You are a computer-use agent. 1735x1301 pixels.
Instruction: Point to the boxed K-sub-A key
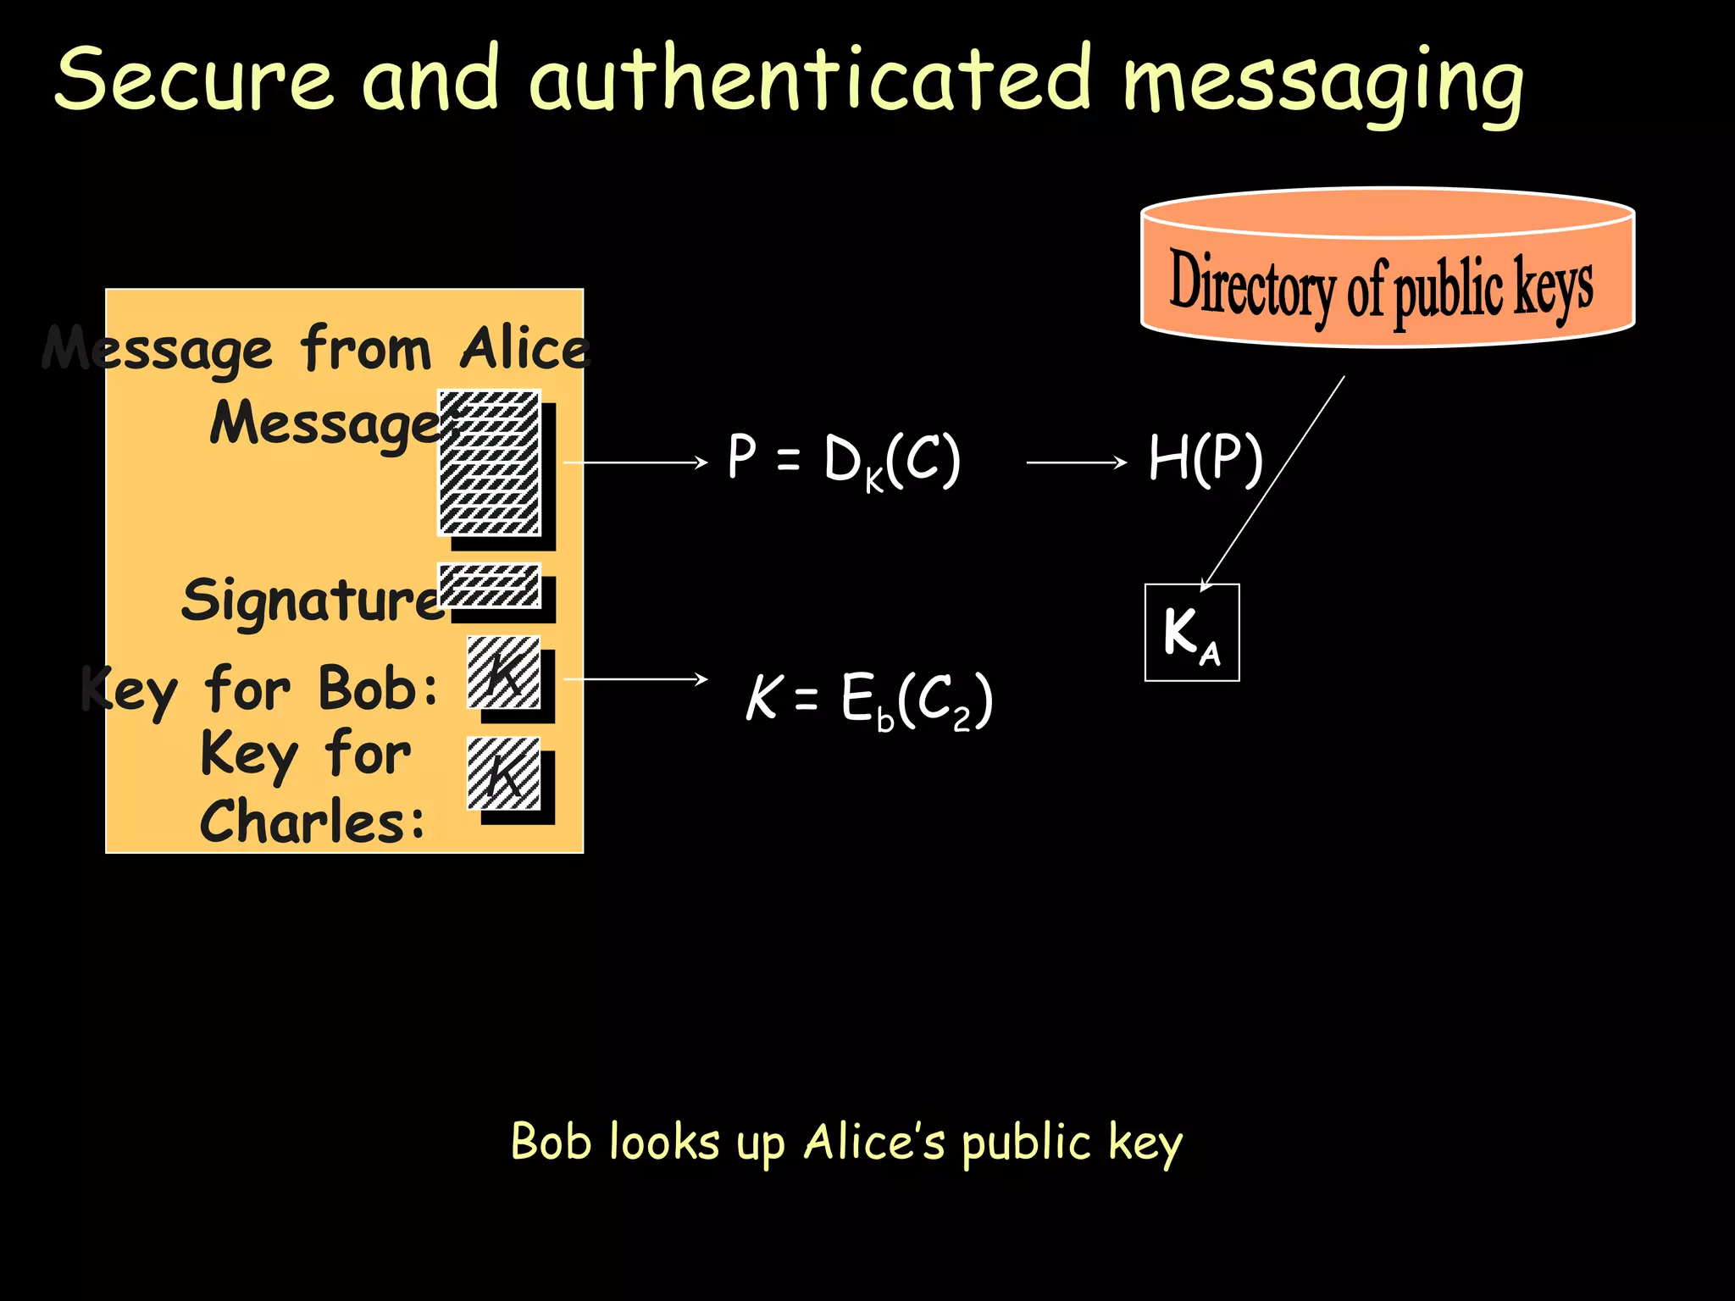tap(1192, 633)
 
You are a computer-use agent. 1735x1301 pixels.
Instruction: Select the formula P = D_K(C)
tap(844, 460)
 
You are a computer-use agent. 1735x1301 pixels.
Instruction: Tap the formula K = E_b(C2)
tap(869, 700)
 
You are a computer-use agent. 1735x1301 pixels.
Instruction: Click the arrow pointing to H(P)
tap(1076, 462)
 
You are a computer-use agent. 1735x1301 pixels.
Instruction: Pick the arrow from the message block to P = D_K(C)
tap(635, 462)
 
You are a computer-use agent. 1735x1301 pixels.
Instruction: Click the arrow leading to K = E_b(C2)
tap(635, 679)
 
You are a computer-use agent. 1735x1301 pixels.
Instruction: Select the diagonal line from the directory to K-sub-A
tap(1273, 483)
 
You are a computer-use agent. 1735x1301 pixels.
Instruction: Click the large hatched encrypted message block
tap(490, 462)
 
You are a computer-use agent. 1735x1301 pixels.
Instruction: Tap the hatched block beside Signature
tap(490, 585)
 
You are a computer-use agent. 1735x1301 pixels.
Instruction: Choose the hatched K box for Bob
tap(504, 673)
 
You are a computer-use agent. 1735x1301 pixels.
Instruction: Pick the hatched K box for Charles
tap(504, 773)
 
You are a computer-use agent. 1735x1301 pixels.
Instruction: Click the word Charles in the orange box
tap(312, 822)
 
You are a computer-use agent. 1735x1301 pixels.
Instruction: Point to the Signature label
tap(312, 600)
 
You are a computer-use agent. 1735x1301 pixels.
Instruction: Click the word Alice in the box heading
tap(524, 348)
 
